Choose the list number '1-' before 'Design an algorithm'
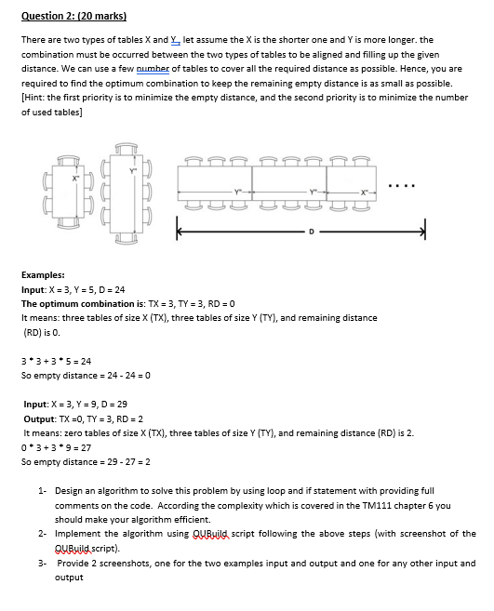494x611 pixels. pos(43,490)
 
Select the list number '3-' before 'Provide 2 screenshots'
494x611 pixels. pos(43,563)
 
